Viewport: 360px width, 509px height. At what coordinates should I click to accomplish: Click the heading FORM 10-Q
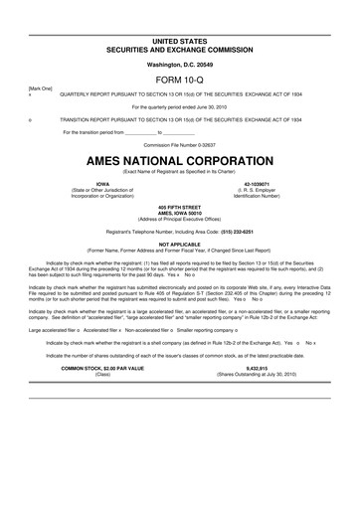coord(180,75)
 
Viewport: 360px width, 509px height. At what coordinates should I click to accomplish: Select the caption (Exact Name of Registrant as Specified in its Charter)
coord(180,171)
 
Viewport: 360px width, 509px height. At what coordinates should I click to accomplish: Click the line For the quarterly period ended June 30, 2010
coord(180,105)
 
